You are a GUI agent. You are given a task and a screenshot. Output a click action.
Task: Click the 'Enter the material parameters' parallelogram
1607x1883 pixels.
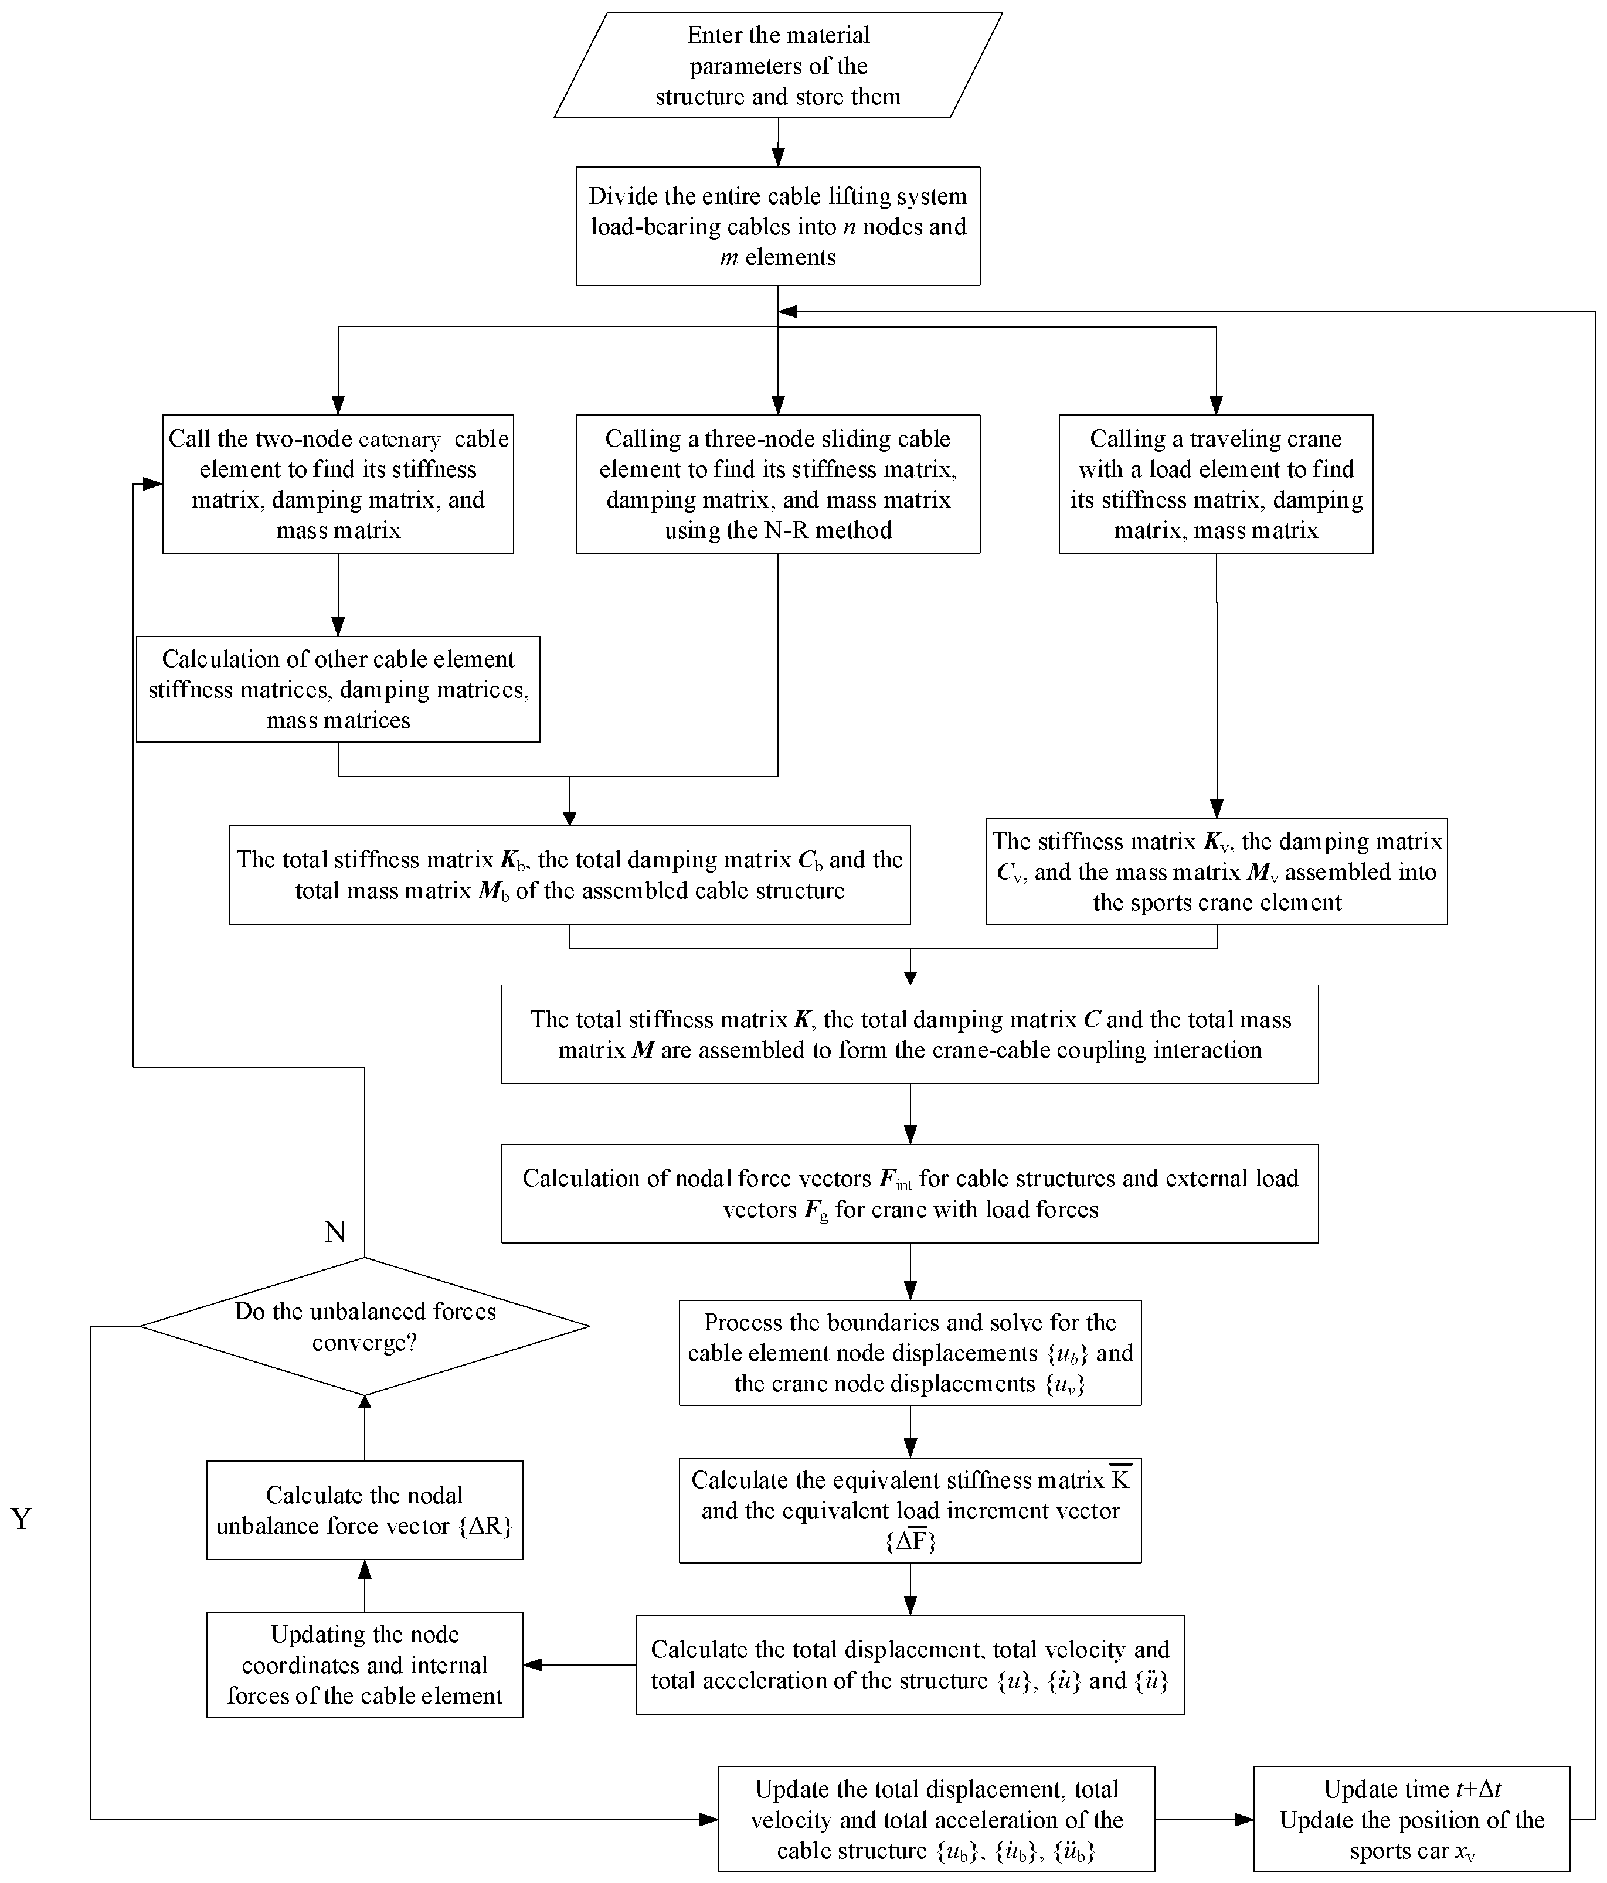click(777, 66)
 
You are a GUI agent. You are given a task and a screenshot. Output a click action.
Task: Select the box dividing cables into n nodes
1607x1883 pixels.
click(777, 226)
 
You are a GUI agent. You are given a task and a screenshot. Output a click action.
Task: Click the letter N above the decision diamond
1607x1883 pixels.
click(335, 1231)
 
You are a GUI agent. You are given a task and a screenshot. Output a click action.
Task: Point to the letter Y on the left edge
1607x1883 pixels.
click(22, 1518)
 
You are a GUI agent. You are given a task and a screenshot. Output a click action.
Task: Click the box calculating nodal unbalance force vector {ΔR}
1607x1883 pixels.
click(365, 1510)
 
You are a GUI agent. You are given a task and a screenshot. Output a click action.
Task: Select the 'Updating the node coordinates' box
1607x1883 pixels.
click(365, 1665)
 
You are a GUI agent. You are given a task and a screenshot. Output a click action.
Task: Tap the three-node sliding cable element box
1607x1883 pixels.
click(777, 485)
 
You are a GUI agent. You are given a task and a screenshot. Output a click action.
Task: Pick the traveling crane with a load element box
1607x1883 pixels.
click(1215, 485)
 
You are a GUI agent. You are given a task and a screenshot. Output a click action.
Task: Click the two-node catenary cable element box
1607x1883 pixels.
click(338, 485)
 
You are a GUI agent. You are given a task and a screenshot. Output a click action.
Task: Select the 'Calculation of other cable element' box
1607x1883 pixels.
click(338, 689)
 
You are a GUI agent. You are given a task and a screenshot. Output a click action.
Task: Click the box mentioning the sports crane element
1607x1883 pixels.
click(1216, 871)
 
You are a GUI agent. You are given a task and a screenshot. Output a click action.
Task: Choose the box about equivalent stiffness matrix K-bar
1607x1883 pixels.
click(910, 1510)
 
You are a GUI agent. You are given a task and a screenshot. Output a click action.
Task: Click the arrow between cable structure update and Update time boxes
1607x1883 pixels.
click(1204, 1819)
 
